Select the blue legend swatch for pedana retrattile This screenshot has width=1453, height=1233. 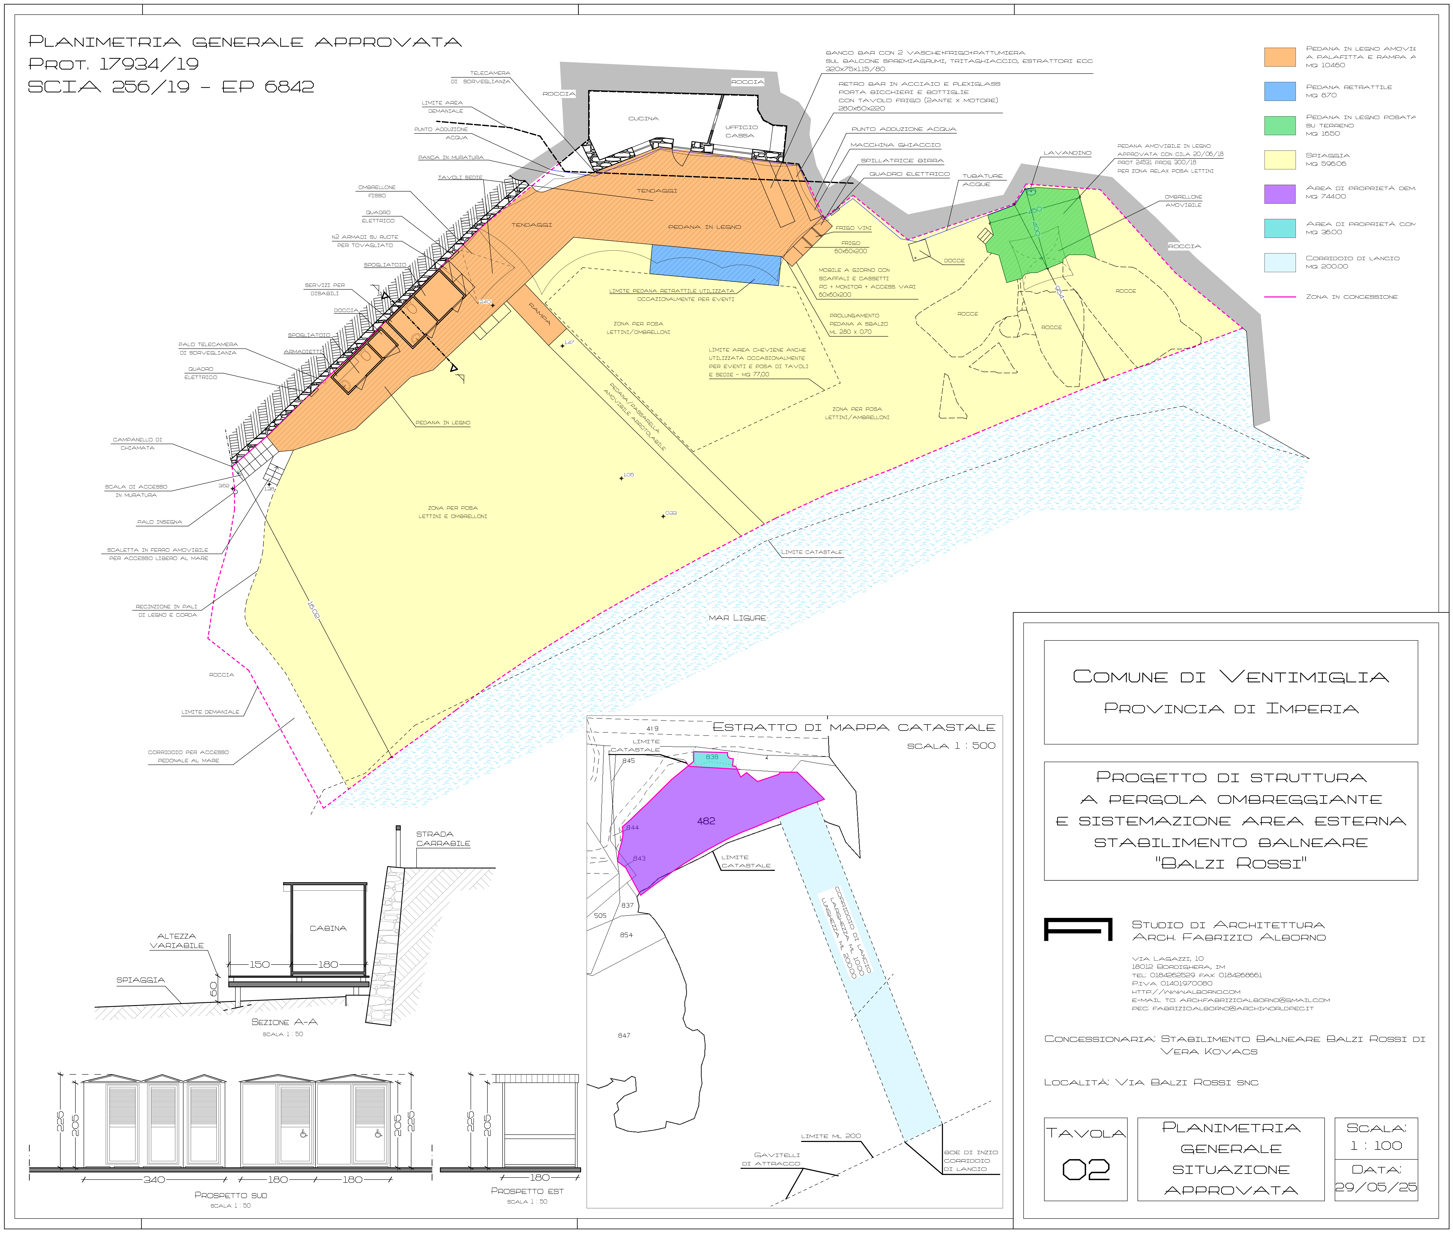(x=1280, y=91)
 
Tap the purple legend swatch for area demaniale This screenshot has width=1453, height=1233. (x=1280, y=194)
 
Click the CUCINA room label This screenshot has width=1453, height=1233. (x=643, y=119)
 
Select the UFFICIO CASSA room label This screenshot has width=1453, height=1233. (x=741, y=131)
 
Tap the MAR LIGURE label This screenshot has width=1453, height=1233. (x=737, y=618)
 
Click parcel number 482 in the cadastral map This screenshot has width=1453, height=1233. (x=706, y=821)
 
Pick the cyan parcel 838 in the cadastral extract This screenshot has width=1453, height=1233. (x=712, y=758)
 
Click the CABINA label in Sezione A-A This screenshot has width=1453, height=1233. (x=328, y=928)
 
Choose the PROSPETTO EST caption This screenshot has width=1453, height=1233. (x=527, y=1191)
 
